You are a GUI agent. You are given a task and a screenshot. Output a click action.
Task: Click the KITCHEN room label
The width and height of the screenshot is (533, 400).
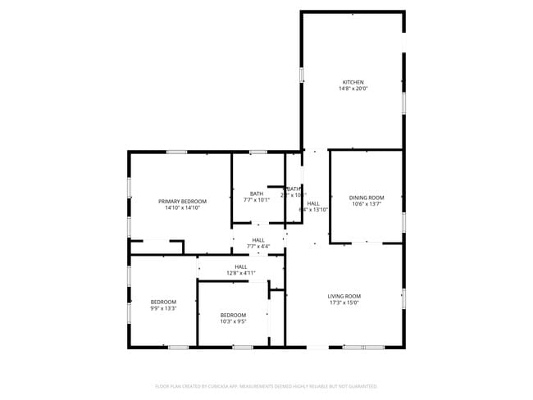coord(353,82)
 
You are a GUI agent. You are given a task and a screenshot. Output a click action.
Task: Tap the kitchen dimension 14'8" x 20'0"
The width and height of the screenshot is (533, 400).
coord(353,89)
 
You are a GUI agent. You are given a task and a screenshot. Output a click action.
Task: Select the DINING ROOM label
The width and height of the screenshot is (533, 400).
coord(366,198)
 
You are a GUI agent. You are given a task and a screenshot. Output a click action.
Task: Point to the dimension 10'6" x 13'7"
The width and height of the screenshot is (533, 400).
coord(366,204)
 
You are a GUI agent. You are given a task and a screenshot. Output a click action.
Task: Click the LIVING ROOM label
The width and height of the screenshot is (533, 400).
coord(344,296)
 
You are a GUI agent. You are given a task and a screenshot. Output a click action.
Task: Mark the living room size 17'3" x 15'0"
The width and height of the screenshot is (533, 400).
coord(344,302)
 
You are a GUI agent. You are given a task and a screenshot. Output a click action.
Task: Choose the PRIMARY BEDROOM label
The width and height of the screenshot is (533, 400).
coord(182,201)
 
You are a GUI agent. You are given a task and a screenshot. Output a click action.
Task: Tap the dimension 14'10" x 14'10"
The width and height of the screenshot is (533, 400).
coord(182,207)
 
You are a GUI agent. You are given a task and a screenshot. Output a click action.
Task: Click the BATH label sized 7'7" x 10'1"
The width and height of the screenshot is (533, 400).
coord(257,193)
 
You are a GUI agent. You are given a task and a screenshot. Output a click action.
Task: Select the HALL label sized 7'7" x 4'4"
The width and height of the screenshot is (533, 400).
coord(257,240)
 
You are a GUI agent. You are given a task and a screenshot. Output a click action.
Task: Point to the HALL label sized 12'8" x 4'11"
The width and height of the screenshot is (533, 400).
coord(240,266)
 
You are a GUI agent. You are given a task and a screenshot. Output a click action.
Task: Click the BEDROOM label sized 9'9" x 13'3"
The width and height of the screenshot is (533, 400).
coord(163,302)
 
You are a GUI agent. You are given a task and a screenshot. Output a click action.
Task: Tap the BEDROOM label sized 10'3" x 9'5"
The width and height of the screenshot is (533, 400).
coord(233,315)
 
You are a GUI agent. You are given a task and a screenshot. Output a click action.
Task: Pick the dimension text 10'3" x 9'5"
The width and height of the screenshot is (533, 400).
coord(233,321)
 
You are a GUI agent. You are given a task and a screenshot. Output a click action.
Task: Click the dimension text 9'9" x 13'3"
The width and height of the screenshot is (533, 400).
coord(163,308)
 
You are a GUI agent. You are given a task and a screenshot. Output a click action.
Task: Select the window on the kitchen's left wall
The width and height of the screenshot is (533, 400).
coord(301,75)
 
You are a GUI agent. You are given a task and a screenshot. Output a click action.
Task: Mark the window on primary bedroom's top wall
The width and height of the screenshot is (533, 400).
coord(176,152)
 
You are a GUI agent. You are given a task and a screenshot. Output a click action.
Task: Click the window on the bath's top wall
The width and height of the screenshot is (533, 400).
coord(257,152)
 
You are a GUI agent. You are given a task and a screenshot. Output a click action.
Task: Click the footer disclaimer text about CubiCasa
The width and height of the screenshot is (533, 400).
coord(266,385)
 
